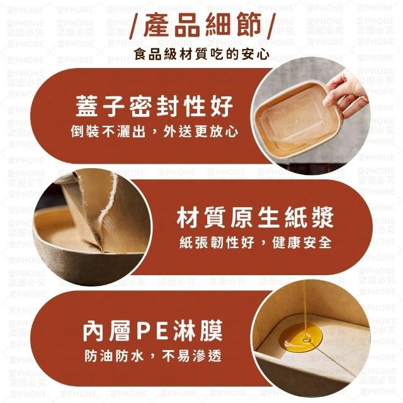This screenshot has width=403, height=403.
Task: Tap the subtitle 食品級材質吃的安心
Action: point(201,54)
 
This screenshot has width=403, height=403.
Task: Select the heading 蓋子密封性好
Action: point(154,106)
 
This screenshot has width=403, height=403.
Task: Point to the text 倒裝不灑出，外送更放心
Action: point(154,132)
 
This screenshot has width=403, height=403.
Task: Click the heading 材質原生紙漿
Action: point(255,217)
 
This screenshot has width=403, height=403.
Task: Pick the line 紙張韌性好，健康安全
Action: point(255,242)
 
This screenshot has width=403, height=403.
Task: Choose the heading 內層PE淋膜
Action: point(152,331)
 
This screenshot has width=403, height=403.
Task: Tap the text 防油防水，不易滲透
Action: point(152,356)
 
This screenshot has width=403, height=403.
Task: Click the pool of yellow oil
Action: point(301,338)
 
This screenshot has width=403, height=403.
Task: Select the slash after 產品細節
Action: point(270,26)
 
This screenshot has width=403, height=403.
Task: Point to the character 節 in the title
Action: point(247,25)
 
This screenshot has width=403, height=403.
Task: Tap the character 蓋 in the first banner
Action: point(87,106)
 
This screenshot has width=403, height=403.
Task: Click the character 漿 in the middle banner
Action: point(322,217)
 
